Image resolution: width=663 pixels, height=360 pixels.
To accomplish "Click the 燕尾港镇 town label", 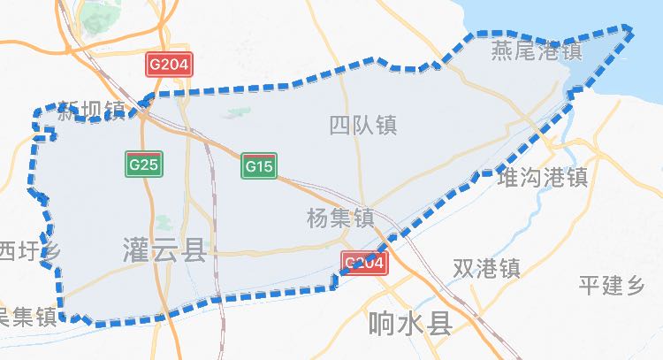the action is coord(537,51).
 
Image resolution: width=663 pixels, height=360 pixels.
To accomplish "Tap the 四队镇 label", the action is coord(362,126).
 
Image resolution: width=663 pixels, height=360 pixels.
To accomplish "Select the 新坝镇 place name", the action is coord(91,111).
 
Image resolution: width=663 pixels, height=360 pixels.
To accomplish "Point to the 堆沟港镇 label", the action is coord(543,178).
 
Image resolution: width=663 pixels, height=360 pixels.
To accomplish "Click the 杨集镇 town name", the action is coord(339,218).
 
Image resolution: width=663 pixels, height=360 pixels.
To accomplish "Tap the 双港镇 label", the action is coord(485,268).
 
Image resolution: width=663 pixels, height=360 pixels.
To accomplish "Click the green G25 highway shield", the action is coord(143,164).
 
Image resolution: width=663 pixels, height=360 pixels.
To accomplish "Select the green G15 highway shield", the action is coord(259,165).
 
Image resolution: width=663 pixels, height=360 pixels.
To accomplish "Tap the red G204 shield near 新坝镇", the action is coord(169,65).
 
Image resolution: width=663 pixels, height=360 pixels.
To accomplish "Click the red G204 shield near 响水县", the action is coord(362,263).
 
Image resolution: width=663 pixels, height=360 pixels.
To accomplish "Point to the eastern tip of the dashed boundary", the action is coord(631,31).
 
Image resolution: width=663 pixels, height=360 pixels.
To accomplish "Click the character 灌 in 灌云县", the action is coord(138,251).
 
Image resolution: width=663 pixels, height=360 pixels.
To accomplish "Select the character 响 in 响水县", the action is coord(382,324).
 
